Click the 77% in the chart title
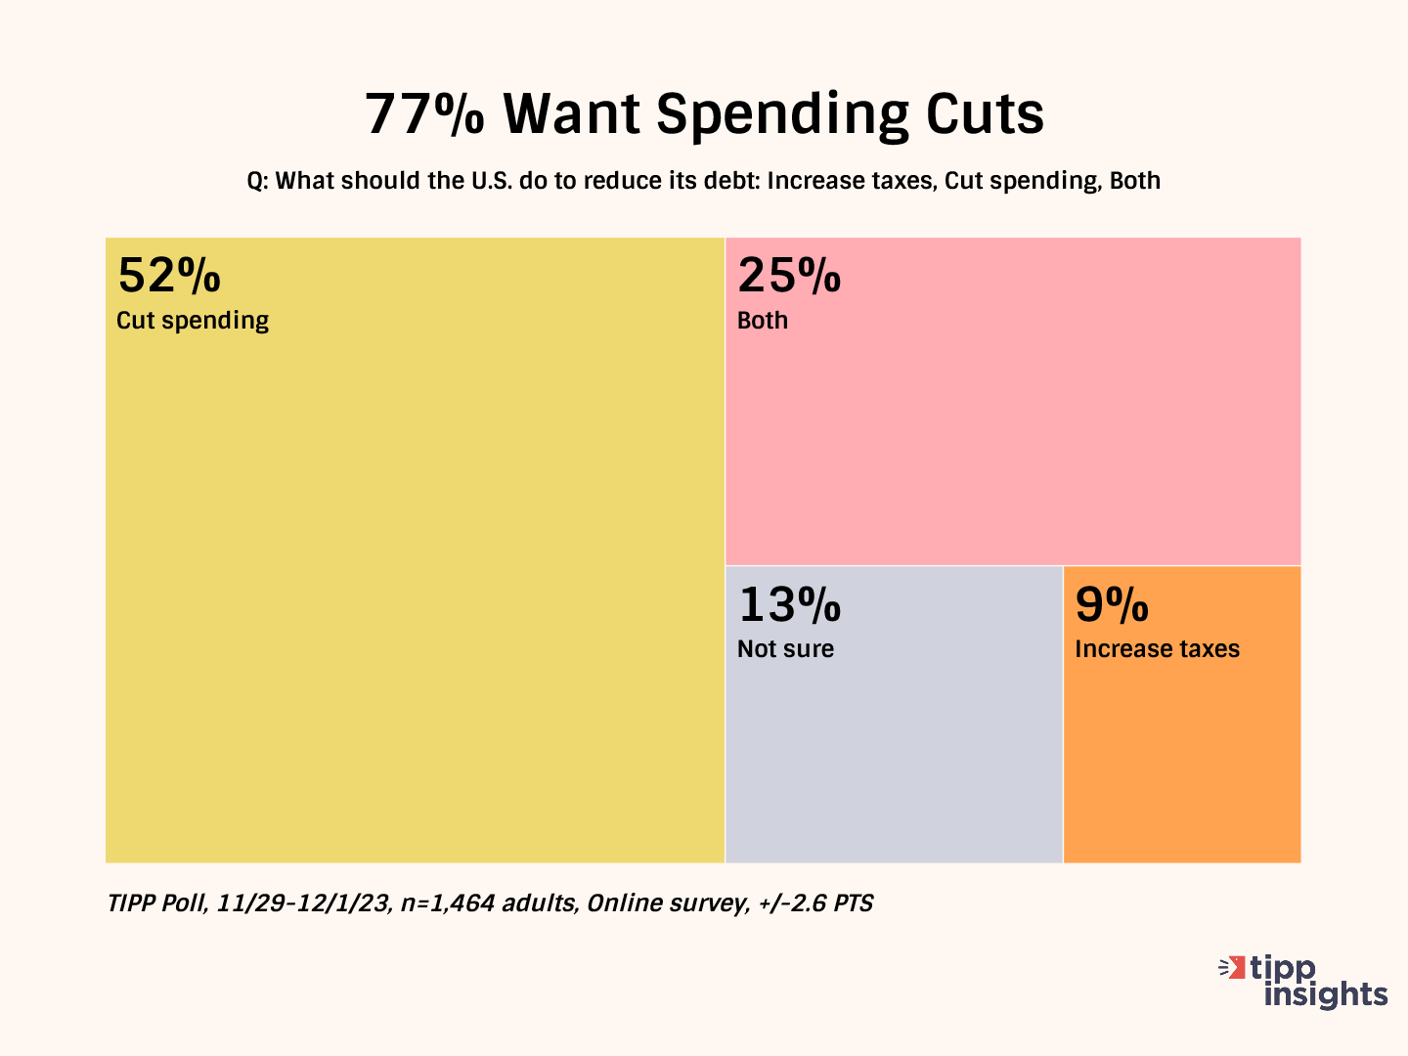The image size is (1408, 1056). pyautogui.click(x=424, y=113)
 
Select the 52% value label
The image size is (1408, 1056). pyautogui.click(x=169, y=276)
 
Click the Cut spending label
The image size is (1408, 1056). pyautogui.click(x=193, y=321)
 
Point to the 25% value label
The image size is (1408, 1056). pyautogui.click(x=789, y=276)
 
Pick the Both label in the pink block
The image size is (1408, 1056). pyautogui.click(x=763, y=321)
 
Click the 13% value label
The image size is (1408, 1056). pyautogui.click(x=789, y=604)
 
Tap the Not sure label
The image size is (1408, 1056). pyautogui.click(x=785, y=649)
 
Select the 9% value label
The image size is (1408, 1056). pyautogui.click(x=1112, y=604)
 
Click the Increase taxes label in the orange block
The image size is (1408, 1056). pyautogui.click(x=1157, y=649)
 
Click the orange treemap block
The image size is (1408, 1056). pyautogui.click(x=1181, y=763)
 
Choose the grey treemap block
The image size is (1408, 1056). pyautogui.click(x=894, y=763)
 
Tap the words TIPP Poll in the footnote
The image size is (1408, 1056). pyautogui.click(x=156, y=902)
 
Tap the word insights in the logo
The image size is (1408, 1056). pyautogui.click(x=1326, y=994)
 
